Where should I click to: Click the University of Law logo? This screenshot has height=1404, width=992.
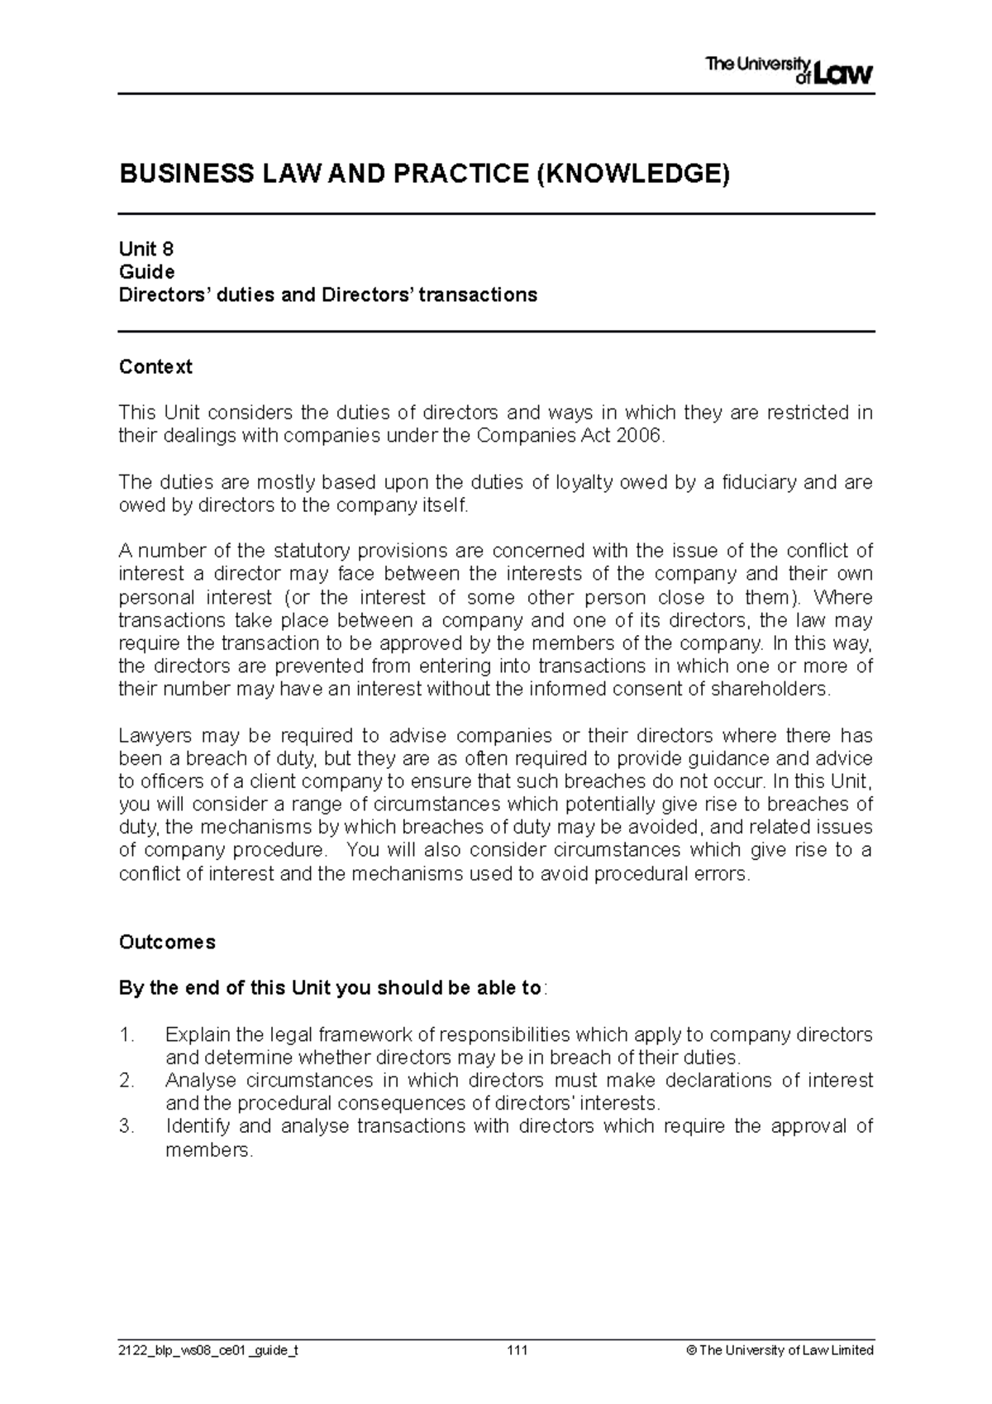coord(789,70)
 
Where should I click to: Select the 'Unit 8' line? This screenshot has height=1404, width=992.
coord(146,249)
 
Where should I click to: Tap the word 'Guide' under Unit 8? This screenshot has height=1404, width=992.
coord(147,272)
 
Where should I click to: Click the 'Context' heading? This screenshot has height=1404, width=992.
coord(155,367)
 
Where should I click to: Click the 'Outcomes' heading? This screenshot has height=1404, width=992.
coord(167,943)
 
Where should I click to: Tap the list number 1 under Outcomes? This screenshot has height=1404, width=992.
coord(126,1034)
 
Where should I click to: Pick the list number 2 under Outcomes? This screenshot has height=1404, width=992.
coord(126,1081)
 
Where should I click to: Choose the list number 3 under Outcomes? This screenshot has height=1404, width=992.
coord(126,1126)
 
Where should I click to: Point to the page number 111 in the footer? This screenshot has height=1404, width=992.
coord(518,1350)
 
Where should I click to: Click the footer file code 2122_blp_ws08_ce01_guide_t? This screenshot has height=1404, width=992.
coord(208,1350)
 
